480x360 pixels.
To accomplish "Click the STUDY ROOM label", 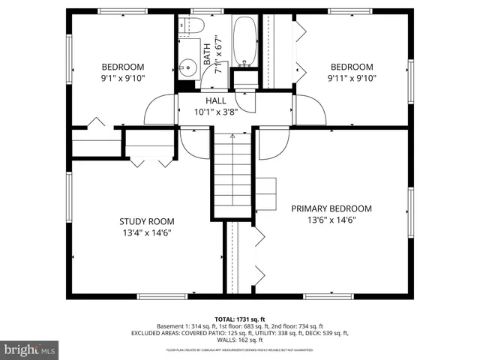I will (147, 221).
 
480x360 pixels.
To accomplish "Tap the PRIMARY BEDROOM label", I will (331, 208).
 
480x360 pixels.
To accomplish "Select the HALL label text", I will (216, 100).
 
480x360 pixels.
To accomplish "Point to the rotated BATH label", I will (207, 54).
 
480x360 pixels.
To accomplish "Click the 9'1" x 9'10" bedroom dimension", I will (123, 77).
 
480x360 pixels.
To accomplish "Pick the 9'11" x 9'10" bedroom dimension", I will (352, 77).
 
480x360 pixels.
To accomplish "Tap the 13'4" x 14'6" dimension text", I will (147, 233).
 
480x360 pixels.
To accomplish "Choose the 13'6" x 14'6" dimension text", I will (331, 220).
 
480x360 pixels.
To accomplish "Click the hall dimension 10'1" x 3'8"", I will (216, 112).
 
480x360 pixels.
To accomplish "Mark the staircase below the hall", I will (232, 172).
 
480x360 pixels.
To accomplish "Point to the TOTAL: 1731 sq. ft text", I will (240, 319).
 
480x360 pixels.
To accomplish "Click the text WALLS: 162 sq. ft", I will (240, 340).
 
